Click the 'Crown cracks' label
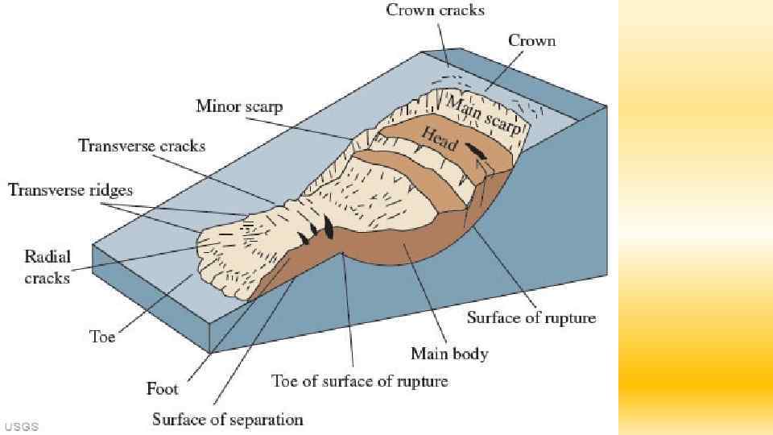(435, 10)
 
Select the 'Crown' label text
(531, 40)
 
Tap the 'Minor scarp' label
(239, 106)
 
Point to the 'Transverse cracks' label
(142, 146)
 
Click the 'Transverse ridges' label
(70, 190)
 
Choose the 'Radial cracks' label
(48, 267)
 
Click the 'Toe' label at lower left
(101, 337)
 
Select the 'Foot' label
(163, 389)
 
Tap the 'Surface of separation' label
(228, 420)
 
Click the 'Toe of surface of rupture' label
(359, 380)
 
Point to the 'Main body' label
(449, 354)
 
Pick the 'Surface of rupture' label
(531, 317)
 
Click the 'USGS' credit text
(21, 426)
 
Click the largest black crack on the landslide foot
(328, 228)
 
